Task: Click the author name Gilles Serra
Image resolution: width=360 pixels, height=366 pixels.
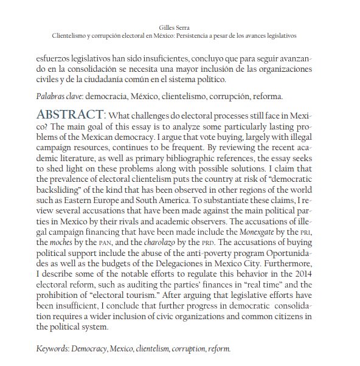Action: click(179, 28)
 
